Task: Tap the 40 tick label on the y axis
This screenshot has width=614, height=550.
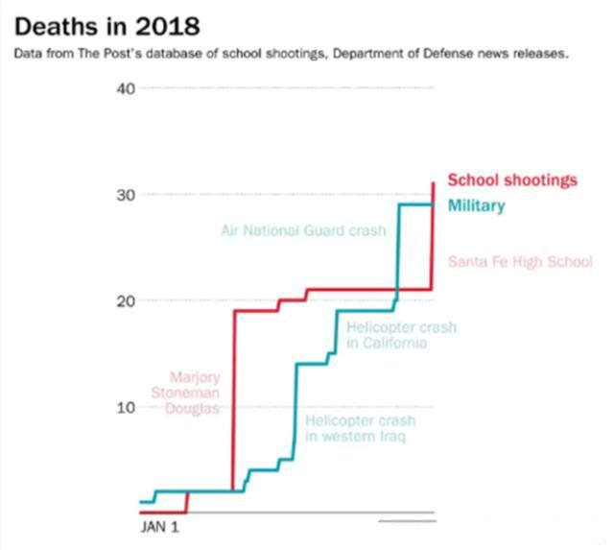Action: click(x=126, y=89)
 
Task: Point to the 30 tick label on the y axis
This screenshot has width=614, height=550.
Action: click(x=126, y=195)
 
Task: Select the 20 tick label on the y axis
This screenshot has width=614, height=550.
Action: click(x=126, y=301)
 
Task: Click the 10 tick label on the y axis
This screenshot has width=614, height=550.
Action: click(x=126, y=407)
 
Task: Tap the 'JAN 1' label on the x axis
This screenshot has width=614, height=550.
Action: click(x=160, y=527)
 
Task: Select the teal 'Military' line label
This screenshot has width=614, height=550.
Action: click(x=476, y=206)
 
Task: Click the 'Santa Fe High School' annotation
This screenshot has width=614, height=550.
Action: click(x=520, y=261)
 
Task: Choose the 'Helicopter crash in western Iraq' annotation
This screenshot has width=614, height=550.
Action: click(x=360, y=429)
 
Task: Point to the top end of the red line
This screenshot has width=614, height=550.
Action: click(x=434, y=183)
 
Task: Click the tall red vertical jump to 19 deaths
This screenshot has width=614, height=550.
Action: click(x=233, y=403)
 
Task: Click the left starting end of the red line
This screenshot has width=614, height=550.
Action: click(x=141, y=513)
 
